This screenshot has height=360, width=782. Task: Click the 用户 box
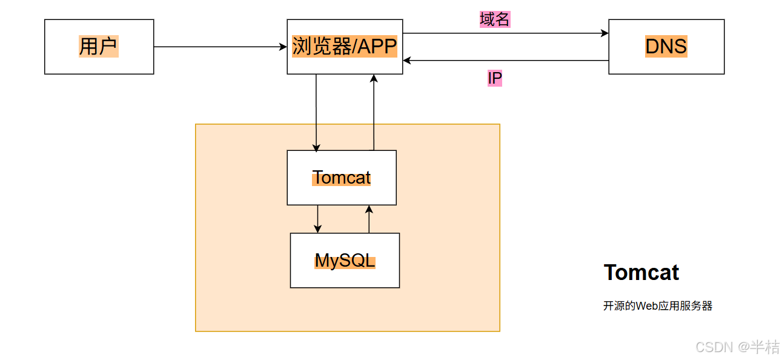(x=99, y=47)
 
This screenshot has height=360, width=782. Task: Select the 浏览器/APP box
(x=345, y=47)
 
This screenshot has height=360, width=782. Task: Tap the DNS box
(x=666, y=47)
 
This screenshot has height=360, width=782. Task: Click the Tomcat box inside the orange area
(x=341, y=178)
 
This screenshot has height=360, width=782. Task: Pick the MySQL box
(x=345, y=261)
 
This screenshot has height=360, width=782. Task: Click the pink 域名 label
(x=495, y=19)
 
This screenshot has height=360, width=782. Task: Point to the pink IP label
(x=495, y=78)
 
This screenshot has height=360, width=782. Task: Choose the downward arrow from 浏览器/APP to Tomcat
(x=316, y=112)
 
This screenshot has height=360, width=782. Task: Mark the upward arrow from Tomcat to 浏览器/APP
(x=374, y=112)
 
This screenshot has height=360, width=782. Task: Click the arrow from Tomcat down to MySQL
(x=317, y=219)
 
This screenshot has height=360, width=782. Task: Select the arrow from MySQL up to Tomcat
(x=369, y=219)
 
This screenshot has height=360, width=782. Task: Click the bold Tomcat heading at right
(x=641, y=273)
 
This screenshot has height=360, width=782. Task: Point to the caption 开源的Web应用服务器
(x=657, y=306)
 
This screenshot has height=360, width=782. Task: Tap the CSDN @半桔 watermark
(x=737, y=347)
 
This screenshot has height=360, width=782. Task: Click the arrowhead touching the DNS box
(x=605, y=33)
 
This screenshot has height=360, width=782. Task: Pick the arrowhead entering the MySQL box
(x=317, y=229)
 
